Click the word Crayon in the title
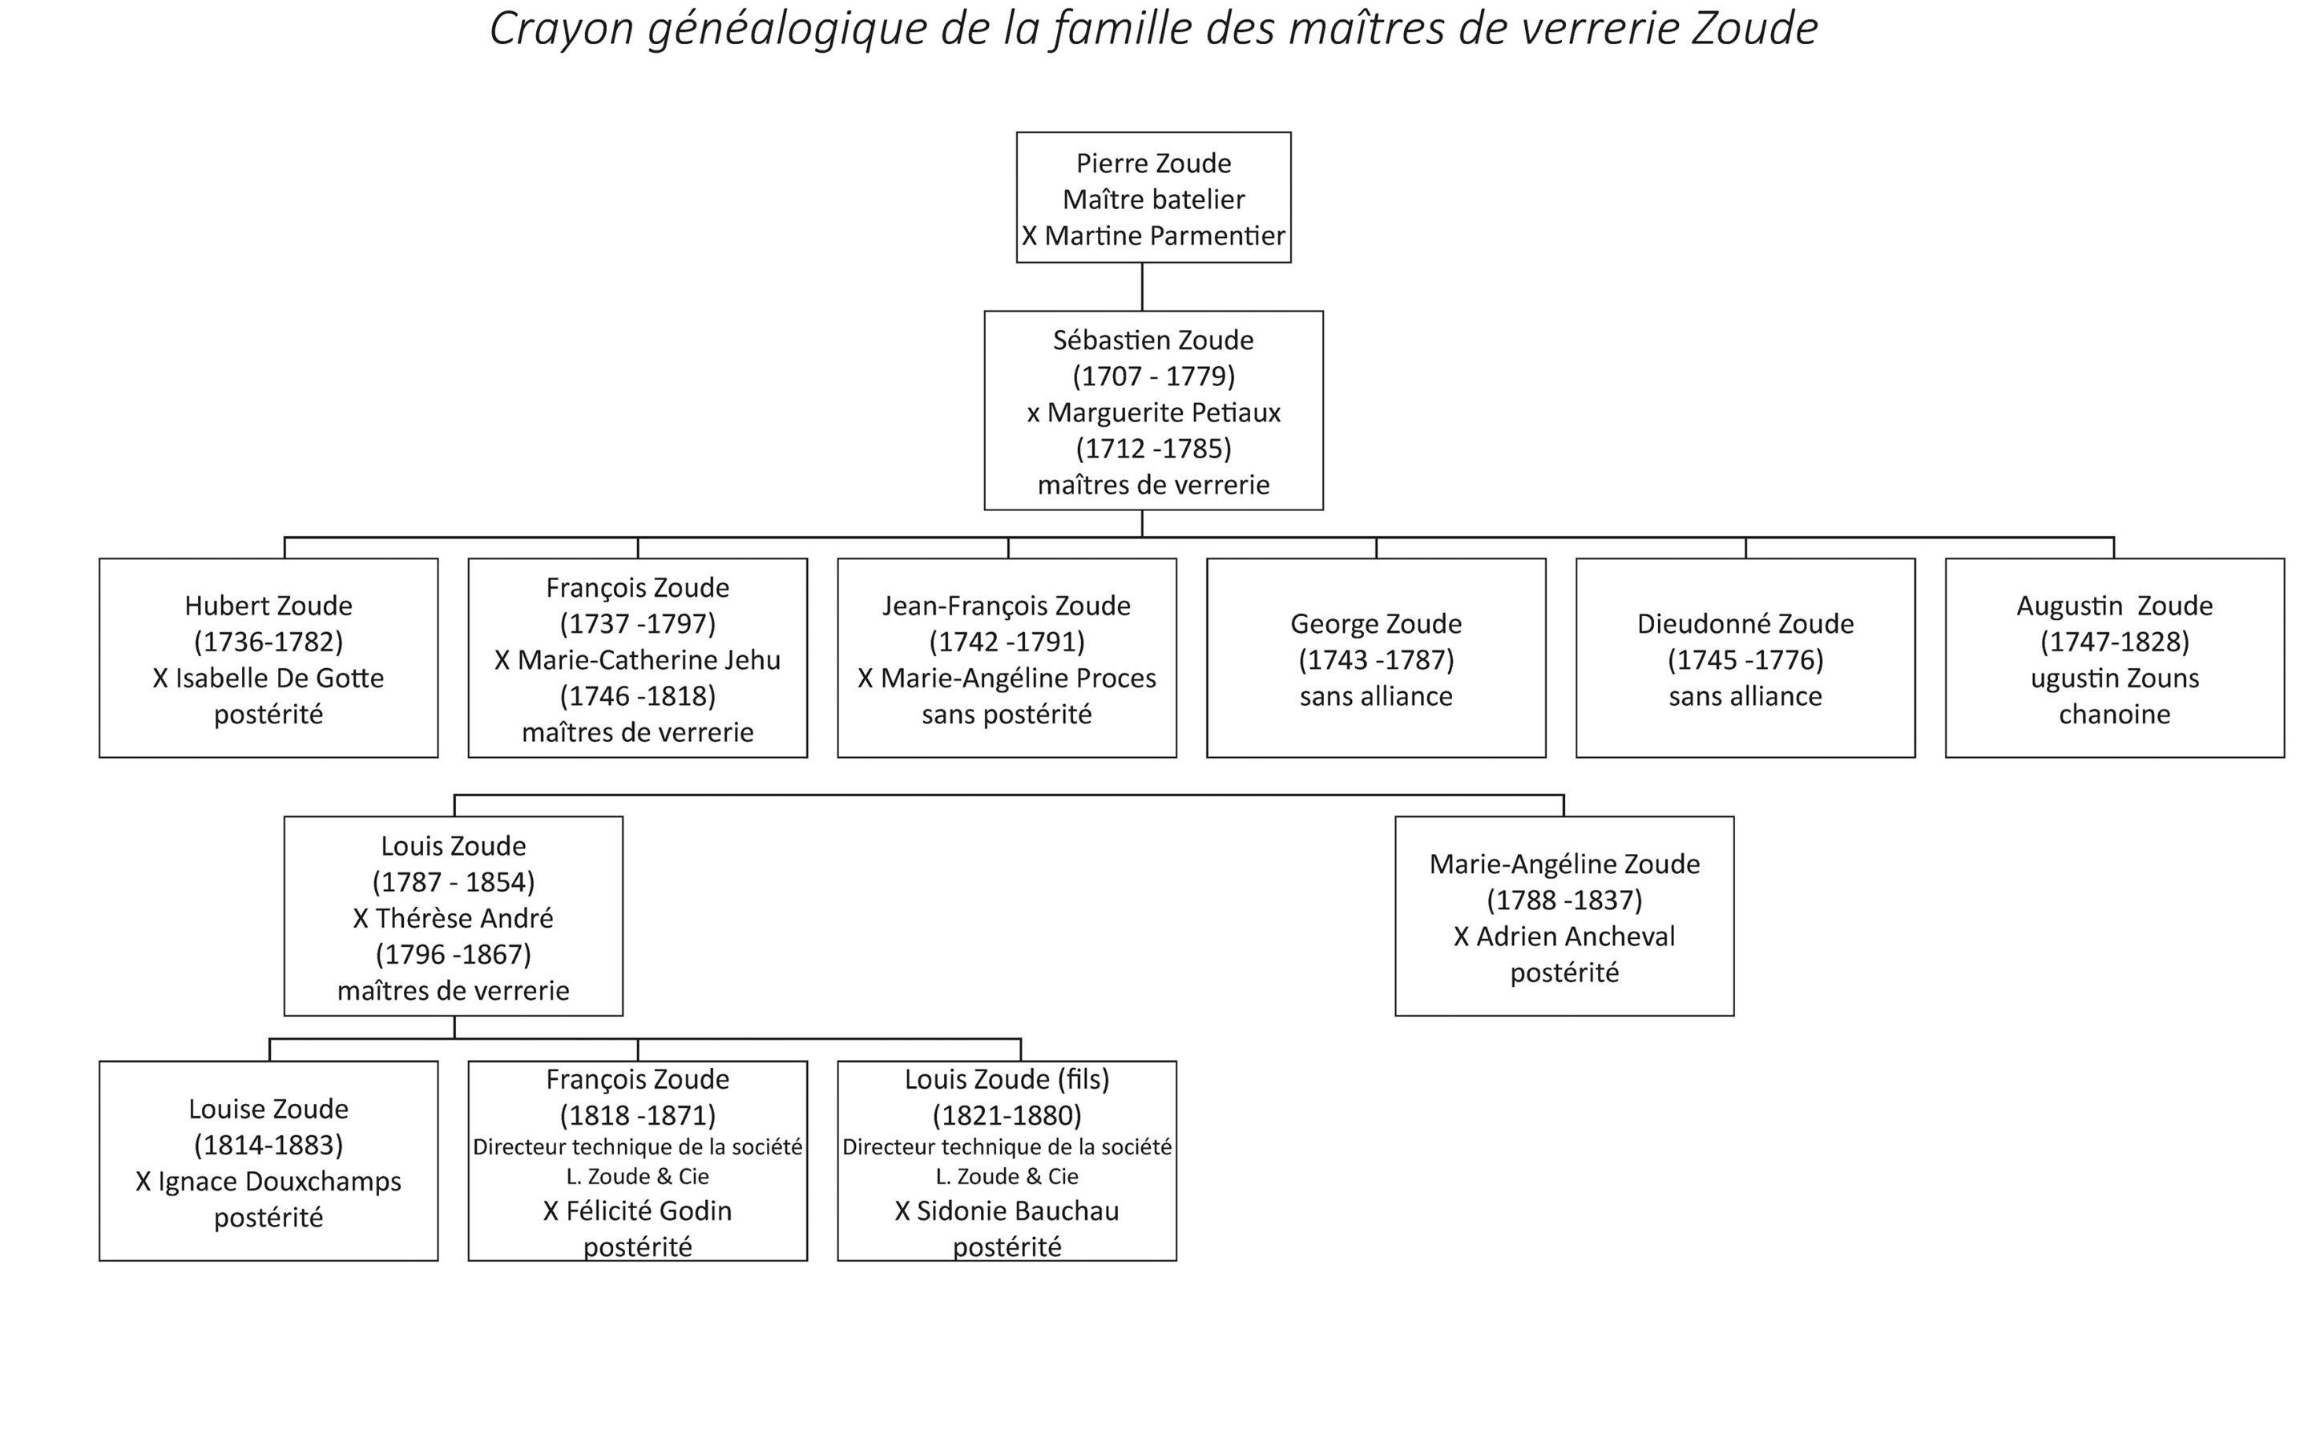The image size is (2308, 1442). click(x=562, y=30)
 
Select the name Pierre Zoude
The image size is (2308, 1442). click(x=1153, y=163)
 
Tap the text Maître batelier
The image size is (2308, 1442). click(x=1153, y=199)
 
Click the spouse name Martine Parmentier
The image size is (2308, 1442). click(x=1164, y=236)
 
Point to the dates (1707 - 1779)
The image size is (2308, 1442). click(x=1153, y=376)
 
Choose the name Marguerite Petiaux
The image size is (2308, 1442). click(x=1164, y=413)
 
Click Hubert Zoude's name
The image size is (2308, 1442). click(x=268, y=606)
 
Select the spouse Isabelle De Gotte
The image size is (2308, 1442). click(x=279, y=678)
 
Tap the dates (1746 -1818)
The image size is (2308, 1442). click(x=637, y=696)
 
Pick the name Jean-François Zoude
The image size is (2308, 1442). click(x=1007, y=606)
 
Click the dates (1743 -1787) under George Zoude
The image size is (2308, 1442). click(x=1375, y=660)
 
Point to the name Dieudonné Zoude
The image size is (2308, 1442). click(x=1745, y=624)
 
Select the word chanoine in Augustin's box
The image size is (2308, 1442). click(x=2114, y=715)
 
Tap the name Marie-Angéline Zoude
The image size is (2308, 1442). click(x=1564, y=864)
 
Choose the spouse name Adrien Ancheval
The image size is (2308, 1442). click(x=1575, y=936)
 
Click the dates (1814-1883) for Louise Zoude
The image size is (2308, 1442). click(x=268, y=1145)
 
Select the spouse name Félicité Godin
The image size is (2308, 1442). click(x=648, y=1211)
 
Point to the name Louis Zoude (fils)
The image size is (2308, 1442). click(x=1007, y=1080)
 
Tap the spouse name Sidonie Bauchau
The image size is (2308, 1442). click(x=1018, y=1211)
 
